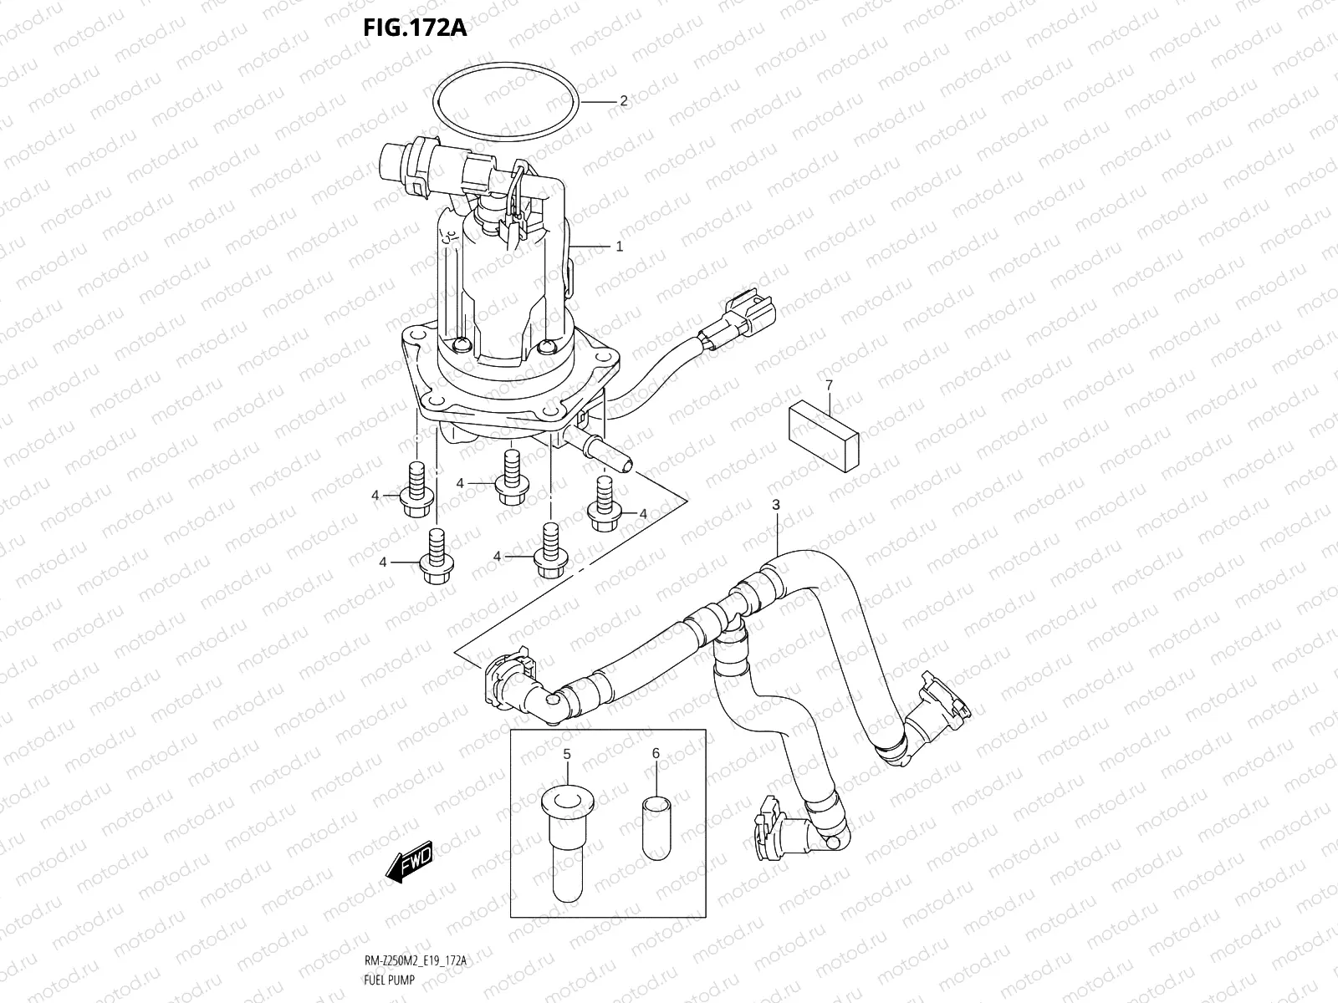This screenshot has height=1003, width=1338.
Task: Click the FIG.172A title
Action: [x=415, y=28]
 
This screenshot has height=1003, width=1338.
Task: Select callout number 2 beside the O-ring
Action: [x=623, y=101]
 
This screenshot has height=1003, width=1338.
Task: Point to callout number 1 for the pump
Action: [x=620, y=247]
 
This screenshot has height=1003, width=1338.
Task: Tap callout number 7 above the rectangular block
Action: [x=829, y=385]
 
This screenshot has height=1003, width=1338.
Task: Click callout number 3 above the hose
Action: [x=776, y=505]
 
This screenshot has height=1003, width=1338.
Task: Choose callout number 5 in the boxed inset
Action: [x=566, y=754]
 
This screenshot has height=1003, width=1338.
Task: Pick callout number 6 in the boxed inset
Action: [x=656, y=754]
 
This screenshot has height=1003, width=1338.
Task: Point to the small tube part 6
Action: [x=656, y=827]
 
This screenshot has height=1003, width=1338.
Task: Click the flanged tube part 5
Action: [x=566, y=844]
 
